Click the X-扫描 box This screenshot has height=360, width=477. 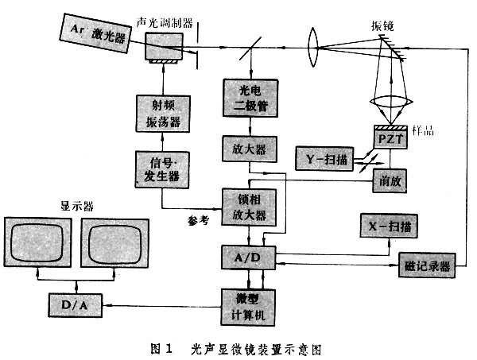[x=390, y=226]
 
